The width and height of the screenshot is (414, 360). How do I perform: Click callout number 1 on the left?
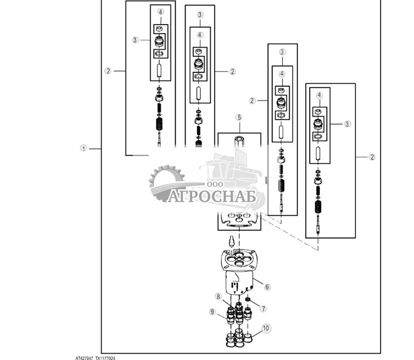pyautogui.click(x=84, y=148)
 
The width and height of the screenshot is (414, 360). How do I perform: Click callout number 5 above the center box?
pyautogui.click(x=239, y=117)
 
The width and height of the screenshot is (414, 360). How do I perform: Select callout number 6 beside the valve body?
pyautogui.click(x=267, y=287)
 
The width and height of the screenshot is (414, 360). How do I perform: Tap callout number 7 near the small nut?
pyautogui.click(x=263, y=309)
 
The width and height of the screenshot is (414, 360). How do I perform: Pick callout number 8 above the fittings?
pyautogui.click(x=218, y=296)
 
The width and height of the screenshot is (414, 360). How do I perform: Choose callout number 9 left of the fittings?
pyautogui.click(x=213, y=311)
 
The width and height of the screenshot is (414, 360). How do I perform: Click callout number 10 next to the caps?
pyautogui.click(x=265, y=328)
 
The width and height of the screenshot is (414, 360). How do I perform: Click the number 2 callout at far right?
pyautogui.click(x=372, y=157)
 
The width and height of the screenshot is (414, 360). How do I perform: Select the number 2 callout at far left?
pyautogui.click(x=108, y=71)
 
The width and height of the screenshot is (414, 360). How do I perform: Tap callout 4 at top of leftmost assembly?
pyautogui.click(x=160, y=12)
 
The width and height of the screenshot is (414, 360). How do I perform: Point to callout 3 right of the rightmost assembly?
pyautogui.click(x=347, y=124)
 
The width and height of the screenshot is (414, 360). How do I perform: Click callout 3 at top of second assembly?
pyautogui.click(x=200, y=15)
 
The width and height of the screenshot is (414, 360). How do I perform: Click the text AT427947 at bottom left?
pyautogui.click(x=84, y=358)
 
